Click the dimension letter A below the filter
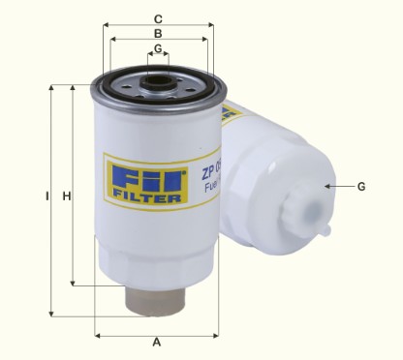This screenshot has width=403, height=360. click(156, 345)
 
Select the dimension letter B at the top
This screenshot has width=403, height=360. click(158, 33)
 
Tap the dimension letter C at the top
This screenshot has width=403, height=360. click(158, 17)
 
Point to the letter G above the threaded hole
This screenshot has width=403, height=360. click(158, 47)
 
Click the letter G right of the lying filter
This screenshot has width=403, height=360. click(361, 186)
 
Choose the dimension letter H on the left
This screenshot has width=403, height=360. click(67, 197)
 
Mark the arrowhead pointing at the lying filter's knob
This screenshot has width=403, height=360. click(330, 186)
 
